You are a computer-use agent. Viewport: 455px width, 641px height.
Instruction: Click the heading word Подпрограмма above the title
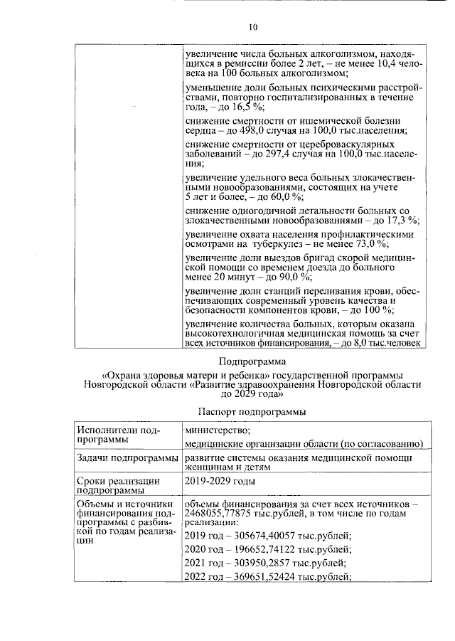point(252,359)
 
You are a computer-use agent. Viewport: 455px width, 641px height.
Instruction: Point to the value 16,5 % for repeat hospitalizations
point(247,107)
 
